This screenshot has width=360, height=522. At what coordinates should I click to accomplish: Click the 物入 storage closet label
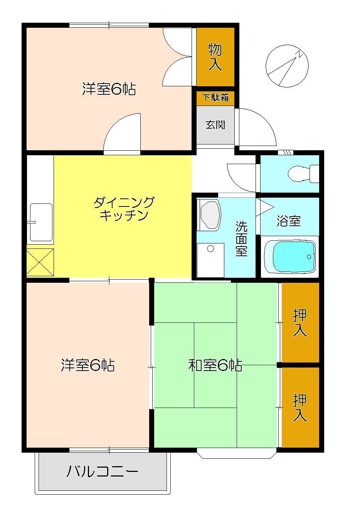click(215, 57)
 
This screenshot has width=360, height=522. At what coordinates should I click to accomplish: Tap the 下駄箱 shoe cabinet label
click(215, 97)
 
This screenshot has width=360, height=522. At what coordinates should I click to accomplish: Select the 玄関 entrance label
click(215, 125)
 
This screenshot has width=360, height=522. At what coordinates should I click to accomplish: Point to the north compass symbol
click(287, 66)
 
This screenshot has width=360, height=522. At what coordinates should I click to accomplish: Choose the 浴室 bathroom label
click(288, 221)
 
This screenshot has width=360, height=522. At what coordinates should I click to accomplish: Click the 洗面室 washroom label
click(241, 238)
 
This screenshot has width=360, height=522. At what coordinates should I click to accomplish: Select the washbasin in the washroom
click(209, 215)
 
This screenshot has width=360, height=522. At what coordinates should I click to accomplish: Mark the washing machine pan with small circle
click(210, 260)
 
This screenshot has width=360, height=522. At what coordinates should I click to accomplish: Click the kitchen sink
click(41, 222)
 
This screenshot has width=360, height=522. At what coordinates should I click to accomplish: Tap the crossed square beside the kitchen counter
click(40, 262)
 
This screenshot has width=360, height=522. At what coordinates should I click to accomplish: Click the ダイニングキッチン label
click(124, 208)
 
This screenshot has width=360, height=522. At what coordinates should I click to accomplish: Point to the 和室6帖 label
click(215, 365)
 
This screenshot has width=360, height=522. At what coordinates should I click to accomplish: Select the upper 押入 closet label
click(299, 322)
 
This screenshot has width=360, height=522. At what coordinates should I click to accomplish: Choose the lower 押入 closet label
click(299, 408)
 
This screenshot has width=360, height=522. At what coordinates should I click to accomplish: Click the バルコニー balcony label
click(103, 471)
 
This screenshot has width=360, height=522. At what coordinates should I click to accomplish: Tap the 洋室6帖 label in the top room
click(109, 89)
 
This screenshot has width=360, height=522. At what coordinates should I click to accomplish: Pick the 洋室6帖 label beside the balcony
click(87, 365)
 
